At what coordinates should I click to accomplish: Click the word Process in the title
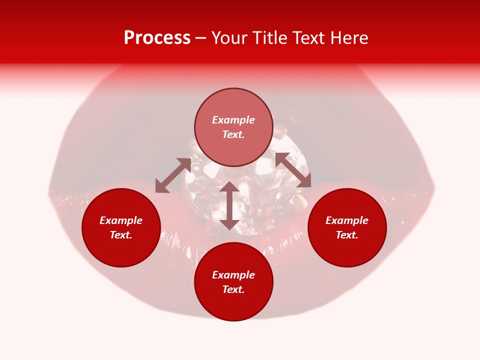coord(157,38)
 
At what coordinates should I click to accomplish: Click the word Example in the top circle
coord(233,120)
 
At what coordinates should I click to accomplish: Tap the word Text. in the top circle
coord(233,134)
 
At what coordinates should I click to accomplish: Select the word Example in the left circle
coord(121,220)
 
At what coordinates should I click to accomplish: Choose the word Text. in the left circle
coord(121,235)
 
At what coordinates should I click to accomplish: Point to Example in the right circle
coord(347,220)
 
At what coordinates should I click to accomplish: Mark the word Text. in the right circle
coord(347,235)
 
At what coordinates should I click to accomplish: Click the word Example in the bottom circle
coord(233,275)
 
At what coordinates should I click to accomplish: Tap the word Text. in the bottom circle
coord(233,289)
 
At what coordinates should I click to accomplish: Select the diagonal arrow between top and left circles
coord(173,175)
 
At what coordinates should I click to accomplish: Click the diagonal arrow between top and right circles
coord(293,170)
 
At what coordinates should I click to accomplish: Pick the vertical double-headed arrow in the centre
coord(229,205)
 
